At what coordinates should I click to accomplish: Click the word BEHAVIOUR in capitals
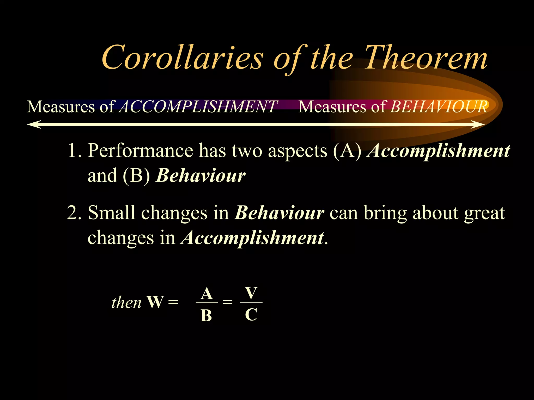439,107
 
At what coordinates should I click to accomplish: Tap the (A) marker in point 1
347,151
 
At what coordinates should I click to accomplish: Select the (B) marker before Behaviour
136,176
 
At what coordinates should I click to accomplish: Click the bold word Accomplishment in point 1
438,151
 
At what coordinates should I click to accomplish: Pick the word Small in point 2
112,213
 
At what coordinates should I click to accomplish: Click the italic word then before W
126,303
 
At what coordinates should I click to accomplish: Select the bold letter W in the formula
155,302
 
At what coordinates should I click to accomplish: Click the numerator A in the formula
207,294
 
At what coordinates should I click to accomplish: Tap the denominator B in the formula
206,316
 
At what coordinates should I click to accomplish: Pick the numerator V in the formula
251,293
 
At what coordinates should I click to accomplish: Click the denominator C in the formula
251,315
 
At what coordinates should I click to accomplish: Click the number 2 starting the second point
72,213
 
